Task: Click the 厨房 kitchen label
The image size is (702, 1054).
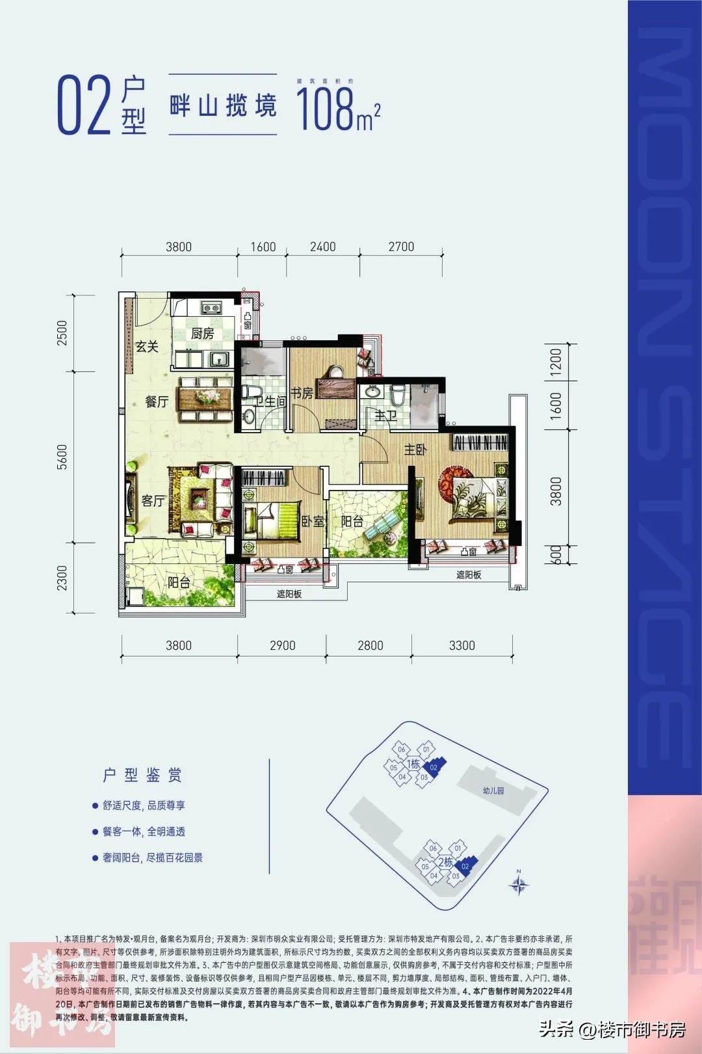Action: point(202,334)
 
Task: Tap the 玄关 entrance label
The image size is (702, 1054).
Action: point(147,347)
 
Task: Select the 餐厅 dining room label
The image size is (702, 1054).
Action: point(157,402)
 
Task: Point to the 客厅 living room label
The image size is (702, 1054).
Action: point(153,501)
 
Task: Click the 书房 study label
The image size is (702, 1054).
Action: point(302,393)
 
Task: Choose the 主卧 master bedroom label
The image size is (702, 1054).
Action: point(415,450)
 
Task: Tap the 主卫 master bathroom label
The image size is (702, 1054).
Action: point(385,415)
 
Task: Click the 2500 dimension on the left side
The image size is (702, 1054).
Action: point(62,333)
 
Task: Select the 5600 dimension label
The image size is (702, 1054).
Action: point(62,457)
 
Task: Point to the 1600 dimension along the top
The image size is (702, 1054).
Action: point(263,247)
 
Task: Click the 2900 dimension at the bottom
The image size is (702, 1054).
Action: point(283,645)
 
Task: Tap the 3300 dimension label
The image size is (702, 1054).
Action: point(462,645)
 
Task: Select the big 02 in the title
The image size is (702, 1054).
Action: point(84,105)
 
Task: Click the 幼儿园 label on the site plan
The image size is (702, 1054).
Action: point(493,790)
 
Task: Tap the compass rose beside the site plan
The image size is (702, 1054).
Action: point(519,885)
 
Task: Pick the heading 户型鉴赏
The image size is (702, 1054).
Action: point(142,775)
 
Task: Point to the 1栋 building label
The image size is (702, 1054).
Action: point(413,764)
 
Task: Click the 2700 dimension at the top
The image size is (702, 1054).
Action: point(401,247)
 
